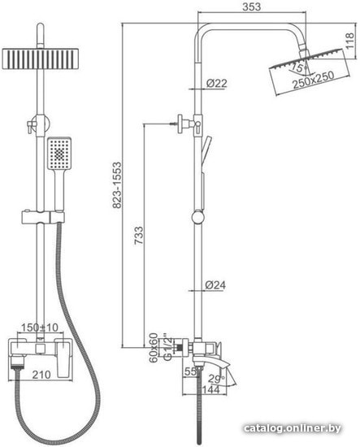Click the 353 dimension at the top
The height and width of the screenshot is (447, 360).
[251, 7]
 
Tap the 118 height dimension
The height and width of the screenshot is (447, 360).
[349, 41]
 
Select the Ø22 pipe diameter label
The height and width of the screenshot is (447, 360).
[216, 83]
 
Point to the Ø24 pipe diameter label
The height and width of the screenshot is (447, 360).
[215, 284]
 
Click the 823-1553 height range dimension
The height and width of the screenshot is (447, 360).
[117, 185]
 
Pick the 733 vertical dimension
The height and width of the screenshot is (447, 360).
[139, 236]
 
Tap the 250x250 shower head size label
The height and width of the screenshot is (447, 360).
[313, 80]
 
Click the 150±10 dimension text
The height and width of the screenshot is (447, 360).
[40, 328]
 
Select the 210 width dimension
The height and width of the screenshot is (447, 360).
[41, 375]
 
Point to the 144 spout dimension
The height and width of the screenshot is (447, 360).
[211, 388]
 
